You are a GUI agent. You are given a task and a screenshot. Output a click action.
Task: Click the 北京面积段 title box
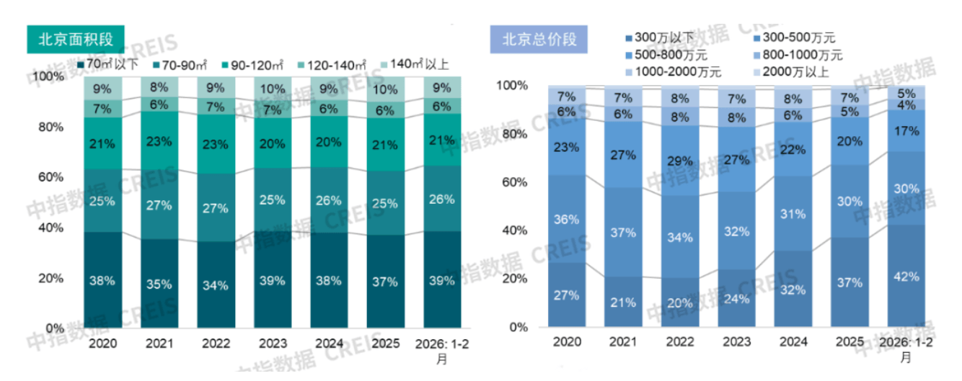click(x=75, y=38)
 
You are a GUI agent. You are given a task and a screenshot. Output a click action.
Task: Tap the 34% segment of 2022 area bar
click(x=216, y=284)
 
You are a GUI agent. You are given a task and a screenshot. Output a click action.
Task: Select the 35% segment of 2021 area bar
click(x=159, y=284)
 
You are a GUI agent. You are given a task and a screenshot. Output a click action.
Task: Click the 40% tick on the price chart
click(x=514, y=230)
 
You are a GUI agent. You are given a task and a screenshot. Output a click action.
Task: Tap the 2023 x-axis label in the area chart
click(x=272, y=343)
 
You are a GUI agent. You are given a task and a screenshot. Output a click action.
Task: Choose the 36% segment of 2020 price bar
click(x=566, y=219)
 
